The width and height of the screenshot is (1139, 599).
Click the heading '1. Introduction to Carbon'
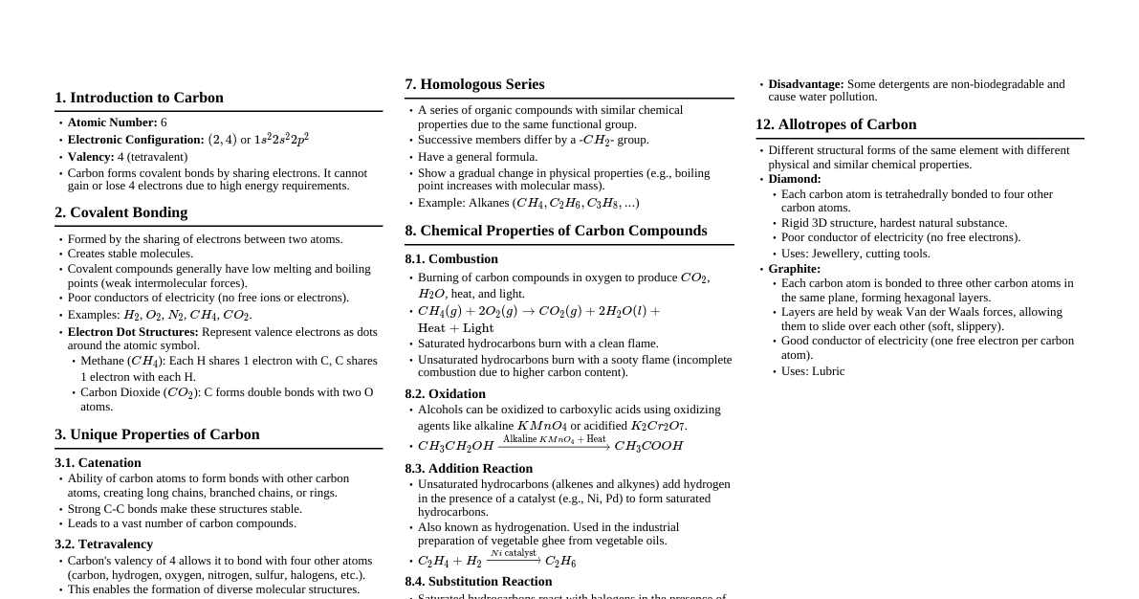tap(139, 98)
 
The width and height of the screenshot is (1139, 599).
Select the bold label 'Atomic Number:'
tap(112, 122)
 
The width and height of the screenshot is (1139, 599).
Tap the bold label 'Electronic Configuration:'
tap(136, 140)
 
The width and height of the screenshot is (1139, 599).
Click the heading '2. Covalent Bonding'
tap(120, 212)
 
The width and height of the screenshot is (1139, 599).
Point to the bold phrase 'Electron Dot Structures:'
tap(133, 332)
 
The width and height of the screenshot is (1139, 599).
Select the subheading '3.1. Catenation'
tap(98, 463)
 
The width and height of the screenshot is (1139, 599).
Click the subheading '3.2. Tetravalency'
tap(103, 544)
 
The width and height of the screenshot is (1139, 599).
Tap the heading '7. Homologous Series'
tap(474, 84)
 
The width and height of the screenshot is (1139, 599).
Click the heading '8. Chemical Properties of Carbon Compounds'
tap(556, 231)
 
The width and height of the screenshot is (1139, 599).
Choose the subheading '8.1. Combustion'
tap(451, 259)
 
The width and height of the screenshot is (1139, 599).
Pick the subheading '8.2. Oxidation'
tap(445, 394)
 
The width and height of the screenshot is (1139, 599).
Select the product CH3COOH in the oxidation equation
tap(648, 446)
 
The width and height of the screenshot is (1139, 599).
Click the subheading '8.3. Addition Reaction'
tap(469, 469)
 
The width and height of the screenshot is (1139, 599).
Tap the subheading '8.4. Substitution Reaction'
tap(478, 582)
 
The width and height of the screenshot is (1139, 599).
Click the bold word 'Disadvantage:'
tap(805, 84)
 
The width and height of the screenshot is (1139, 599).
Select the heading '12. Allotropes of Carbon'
tap(835, 124)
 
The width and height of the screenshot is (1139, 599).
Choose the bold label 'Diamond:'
tap(794, 179)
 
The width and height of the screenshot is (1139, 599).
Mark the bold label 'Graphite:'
tap(794, 269)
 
